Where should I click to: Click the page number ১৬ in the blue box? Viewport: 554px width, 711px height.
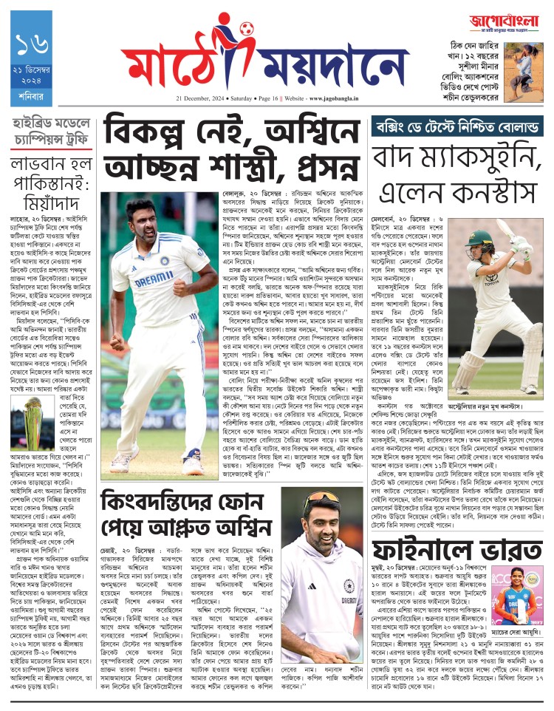(32, 48)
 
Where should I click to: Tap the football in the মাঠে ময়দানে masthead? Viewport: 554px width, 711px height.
(246, 29)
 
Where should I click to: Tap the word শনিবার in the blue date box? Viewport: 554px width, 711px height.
(32, 98)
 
